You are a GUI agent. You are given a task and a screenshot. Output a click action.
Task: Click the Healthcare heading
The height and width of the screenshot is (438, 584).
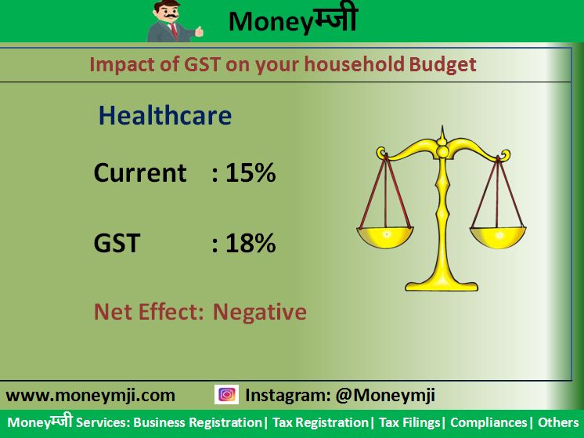(165, 115)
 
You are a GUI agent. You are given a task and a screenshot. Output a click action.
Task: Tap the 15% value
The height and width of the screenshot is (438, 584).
(251, 172)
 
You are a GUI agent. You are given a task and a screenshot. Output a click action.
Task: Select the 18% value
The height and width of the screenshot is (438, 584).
(251, 243)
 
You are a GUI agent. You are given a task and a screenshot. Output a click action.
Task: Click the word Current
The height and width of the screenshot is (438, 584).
(140, 172)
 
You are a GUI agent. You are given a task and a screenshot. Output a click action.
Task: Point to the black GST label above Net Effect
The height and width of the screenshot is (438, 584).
(117, 243)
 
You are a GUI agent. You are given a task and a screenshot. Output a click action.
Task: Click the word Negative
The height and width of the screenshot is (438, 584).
(260, 312)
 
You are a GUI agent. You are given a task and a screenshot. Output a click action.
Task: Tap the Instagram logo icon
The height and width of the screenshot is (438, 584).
(226, 395)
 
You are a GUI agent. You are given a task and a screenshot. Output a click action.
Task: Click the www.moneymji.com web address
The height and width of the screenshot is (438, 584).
(91, 396)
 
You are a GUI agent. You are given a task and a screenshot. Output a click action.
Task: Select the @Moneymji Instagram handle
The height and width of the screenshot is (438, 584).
(385, 395)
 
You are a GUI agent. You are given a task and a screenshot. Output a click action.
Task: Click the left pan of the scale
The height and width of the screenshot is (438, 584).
(385, 237)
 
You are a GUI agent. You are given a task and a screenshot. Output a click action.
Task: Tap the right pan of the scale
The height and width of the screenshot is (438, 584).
(498, 237)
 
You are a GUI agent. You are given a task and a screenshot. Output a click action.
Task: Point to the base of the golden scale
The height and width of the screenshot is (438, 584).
(442, 285)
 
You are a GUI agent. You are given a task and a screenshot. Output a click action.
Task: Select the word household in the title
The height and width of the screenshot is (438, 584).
(354, 64)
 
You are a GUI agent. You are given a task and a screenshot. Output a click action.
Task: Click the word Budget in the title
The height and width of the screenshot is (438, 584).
(442, 65)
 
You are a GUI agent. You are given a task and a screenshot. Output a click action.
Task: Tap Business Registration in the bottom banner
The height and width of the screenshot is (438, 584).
(197, 422)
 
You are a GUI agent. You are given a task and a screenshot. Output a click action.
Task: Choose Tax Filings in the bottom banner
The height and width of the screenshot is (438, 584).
(409, 423)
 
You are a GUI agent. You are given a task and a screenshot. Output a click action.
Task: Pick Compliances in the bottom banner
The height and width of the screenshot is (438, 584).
(488, 422)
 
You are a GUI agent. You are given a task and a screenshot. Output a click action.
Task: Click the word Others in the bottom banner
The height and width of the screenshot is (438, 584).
(558, 422)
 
